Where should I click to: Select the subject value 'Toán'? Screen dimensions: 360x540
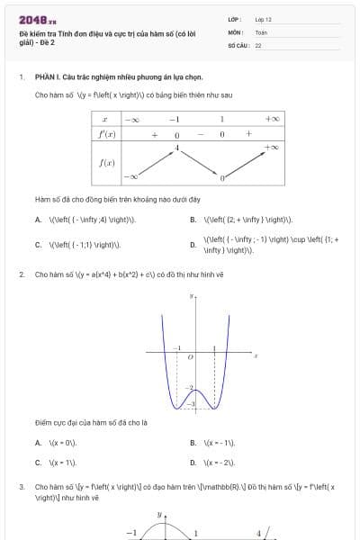[261, 31]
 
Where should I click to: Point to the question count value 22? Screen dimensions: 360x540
[258, 44]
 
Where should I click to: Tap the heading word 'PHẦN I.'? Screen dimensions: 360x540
[47, 77]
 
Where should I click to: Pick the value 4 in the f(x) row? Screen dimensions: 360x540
[177, 146]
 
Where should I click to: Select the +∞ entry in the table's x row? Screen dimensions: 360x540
[272, 119]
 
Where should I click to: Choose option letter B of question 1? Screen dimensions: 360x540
[193, 219]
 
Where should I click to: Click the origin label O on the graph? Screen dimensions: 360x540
[189, 357]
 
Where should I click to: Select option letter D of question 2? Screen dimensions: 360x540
[193, 462]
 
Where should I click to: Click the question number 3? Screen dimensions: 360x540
[22, 487]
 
